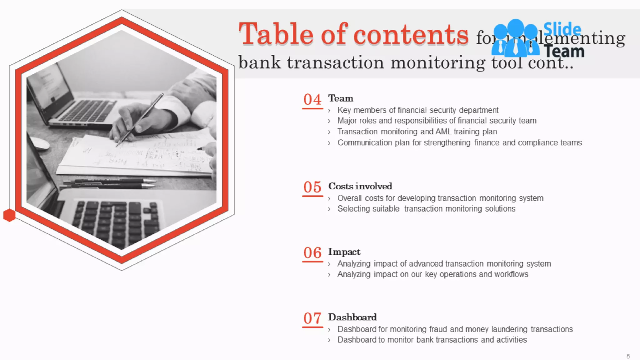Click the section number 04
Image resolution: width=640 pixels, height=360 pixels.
click(312, 100)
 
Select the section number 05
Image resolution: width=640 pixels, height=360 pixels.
click(312, 187)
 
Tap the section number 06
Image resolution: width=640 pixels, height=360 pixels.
click(312, 253)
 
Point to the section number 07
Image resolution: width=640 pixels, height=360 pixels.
click(312, 318)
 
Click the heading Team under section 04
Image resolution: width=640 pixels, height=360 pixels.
click(341, 98)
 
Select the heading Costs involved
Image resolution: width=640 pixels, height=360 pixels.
click(360, 186)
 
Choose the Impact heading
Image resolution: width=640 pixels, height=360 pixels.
click(344, 252)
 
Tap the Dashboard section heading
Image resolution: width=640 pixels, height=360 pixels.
click(352, 317)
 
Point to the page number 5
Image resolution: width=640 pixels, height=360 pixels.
click(628, 356)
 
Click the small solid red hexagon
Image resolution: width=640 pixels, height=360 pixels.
click(9, 215)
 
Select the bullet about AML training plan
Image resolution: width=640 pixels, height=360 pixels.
click(417, 132)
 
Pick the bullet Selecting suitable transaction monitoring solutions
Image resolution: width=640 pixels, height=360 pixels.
click(426, 209)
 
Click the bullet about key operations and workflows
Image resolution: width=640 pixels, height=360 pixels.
click(432, 274)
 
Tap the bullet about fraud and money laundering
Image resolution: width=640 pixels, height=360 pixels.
click(455, 329)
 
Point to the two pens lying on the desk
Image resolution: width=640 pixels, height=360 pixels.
click(109, 183)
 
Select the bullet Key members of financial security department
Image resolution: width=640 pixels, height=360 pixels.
click(417, 110)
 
